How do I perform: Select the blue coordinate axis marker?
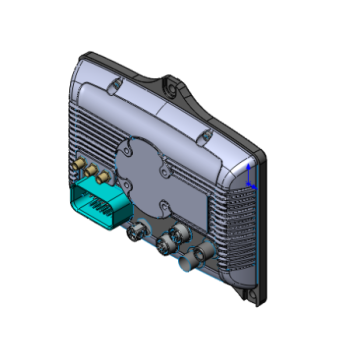(249, 177)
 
